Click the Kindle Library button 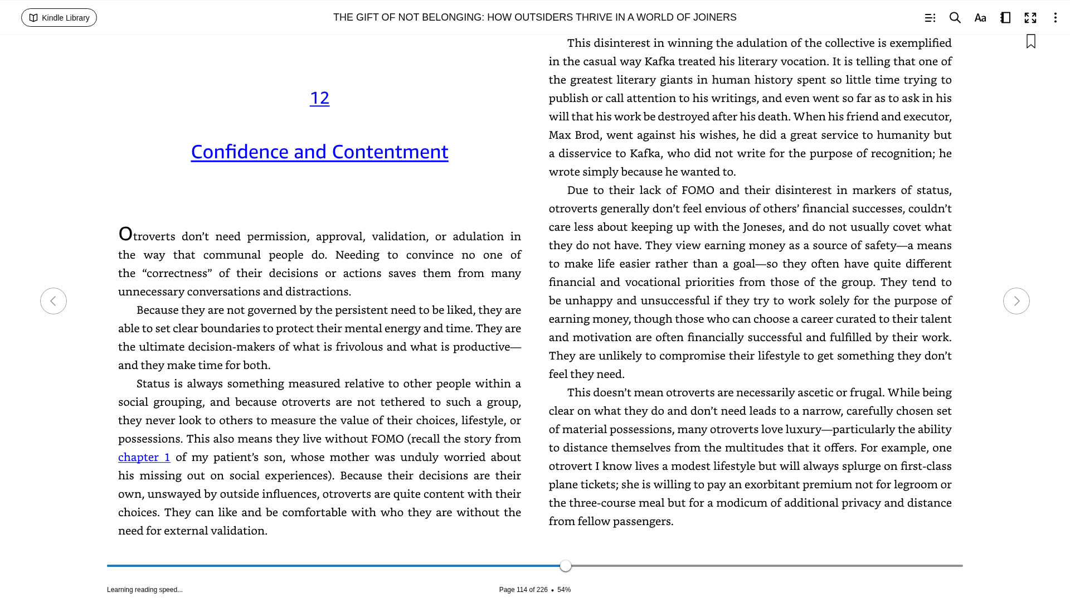[x=59, y=18]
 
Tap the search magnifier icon [x=955, y=18]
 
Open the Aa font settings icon [x=980, y=18]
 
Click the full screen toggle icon [x=1030, y=18]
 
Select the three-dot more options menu [x=1055, y=18]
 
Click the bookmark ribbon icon [x=1030, y=42]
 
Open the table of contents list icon [x=930, y=18]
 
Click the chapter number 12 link [x=319, y=98]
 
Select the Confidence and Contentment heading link [x=319, y=152]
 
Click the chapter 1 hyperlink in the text [x=144, y=457]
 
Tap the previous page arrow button [x=53, y=301]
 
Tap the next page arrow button [x=1016, y=301]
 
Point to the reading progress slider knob [x=566, y=566]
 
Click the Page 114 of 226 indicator [x=523, y=590]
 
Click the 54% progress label [x=564, y=590]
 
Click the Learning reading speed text [x=145, y=590]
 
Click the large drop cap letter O [x=125, y=234]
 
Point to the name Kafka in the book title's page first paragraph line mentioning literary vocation [x=659, y=61]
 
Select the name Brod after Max [x=587, y=135]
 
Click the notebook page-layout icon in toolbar [x=1005, y=18]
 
